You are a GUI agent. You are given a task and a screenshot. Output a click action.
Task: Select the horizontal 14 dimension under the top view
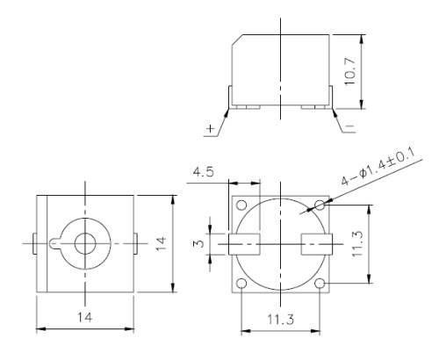point(85,313)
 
